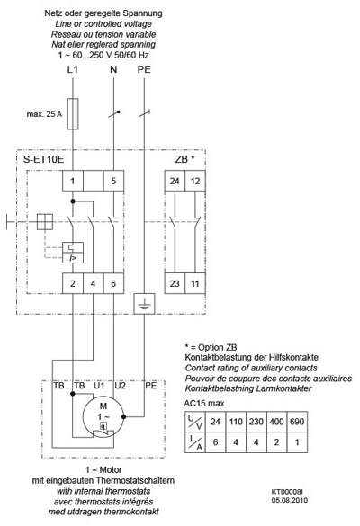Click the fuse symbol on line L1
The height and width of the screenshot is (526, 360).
[x=73, y=113]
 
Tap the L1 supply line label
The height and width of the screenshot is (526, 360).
[x=73, y=69]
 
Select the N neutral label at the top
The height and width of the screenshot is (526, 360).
[x=113, y=69]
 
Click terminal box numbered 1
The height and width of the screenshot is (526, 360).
[x=73, y=181]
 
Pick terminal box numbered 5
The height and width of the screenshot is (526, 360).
[x=113, y=181]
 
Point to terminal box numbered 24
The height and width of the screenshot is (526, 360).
[x=175, y=181]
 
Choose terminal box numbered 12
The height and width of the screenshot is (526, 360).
[x=195, y=181]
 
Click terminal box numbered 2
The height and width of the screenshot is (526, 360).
[x=73, y=283]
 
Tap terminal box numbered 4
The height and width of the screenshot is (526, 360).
[x=93, y=283]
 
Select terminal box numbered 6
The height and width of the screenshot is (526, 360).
[x=113, y=283]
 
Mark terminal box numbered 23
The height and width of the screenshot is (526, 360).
[x=175, y=283]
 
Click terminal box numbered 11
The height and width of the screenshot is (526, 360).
[x=195, y=283]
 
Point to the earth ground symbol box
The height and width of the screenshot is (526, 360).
[x=144, y=304]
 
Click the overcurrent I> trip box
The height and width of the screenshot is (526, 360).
[x=73, y=258]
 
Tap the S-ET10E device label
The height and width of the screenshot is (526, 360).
[x=43, y=159]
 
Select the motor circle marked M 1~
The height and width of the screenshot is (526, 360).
[x=103, y=417]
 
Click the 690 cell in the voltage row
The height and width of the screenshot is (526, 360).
[x=297, y=422]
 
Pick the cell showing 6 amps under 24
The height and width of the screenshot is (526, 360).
[x=215, y=442]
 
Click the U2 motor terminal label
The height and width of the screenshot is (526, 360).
[x=121, y=386]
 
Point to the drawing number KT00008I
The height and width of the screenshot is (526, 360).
[x=287, y=492]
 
